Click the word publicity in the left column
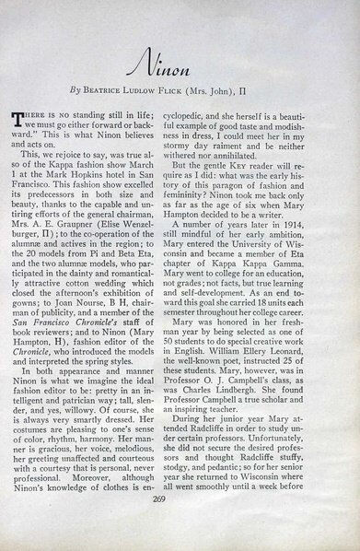click(x=82, y=336)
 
